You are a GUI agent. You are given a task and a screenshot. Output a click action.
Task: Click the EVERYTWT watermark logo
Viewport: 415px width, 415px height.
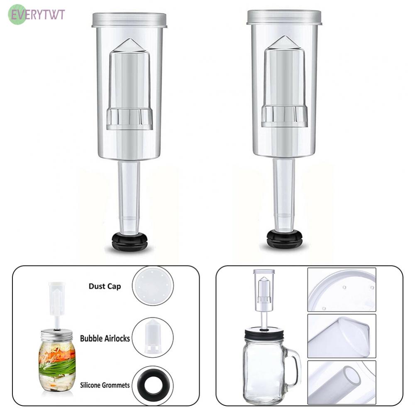[x=37, y=14]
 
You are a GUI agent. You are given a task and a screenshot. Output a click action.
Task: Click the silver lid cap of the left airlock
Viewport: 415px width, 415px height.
[x=129, y=20]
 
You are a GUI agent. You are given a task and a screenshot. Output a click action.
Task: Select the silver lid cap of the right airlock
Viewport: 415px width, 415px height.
[x=284, y=17]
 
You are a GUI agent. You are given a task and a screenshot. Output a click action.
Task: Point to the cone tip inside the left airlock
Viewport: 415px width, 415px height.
[x=129, y=39]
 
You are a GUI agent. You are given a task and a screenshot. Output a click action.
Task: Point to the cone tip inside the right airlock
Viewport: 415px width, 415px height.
[x=285, y=36]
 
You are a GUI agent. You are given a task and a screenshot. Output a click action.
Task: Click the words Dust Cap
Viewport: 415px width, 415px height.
[x=105, y=286]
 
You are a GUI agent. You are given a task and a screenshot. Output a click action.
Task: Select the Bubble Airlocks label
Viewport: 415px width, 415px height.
[x=105, y=338]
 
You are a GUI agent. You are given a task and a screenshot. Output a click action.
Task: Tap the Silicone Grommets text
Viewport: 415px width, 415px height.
[x=105, y=385]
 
